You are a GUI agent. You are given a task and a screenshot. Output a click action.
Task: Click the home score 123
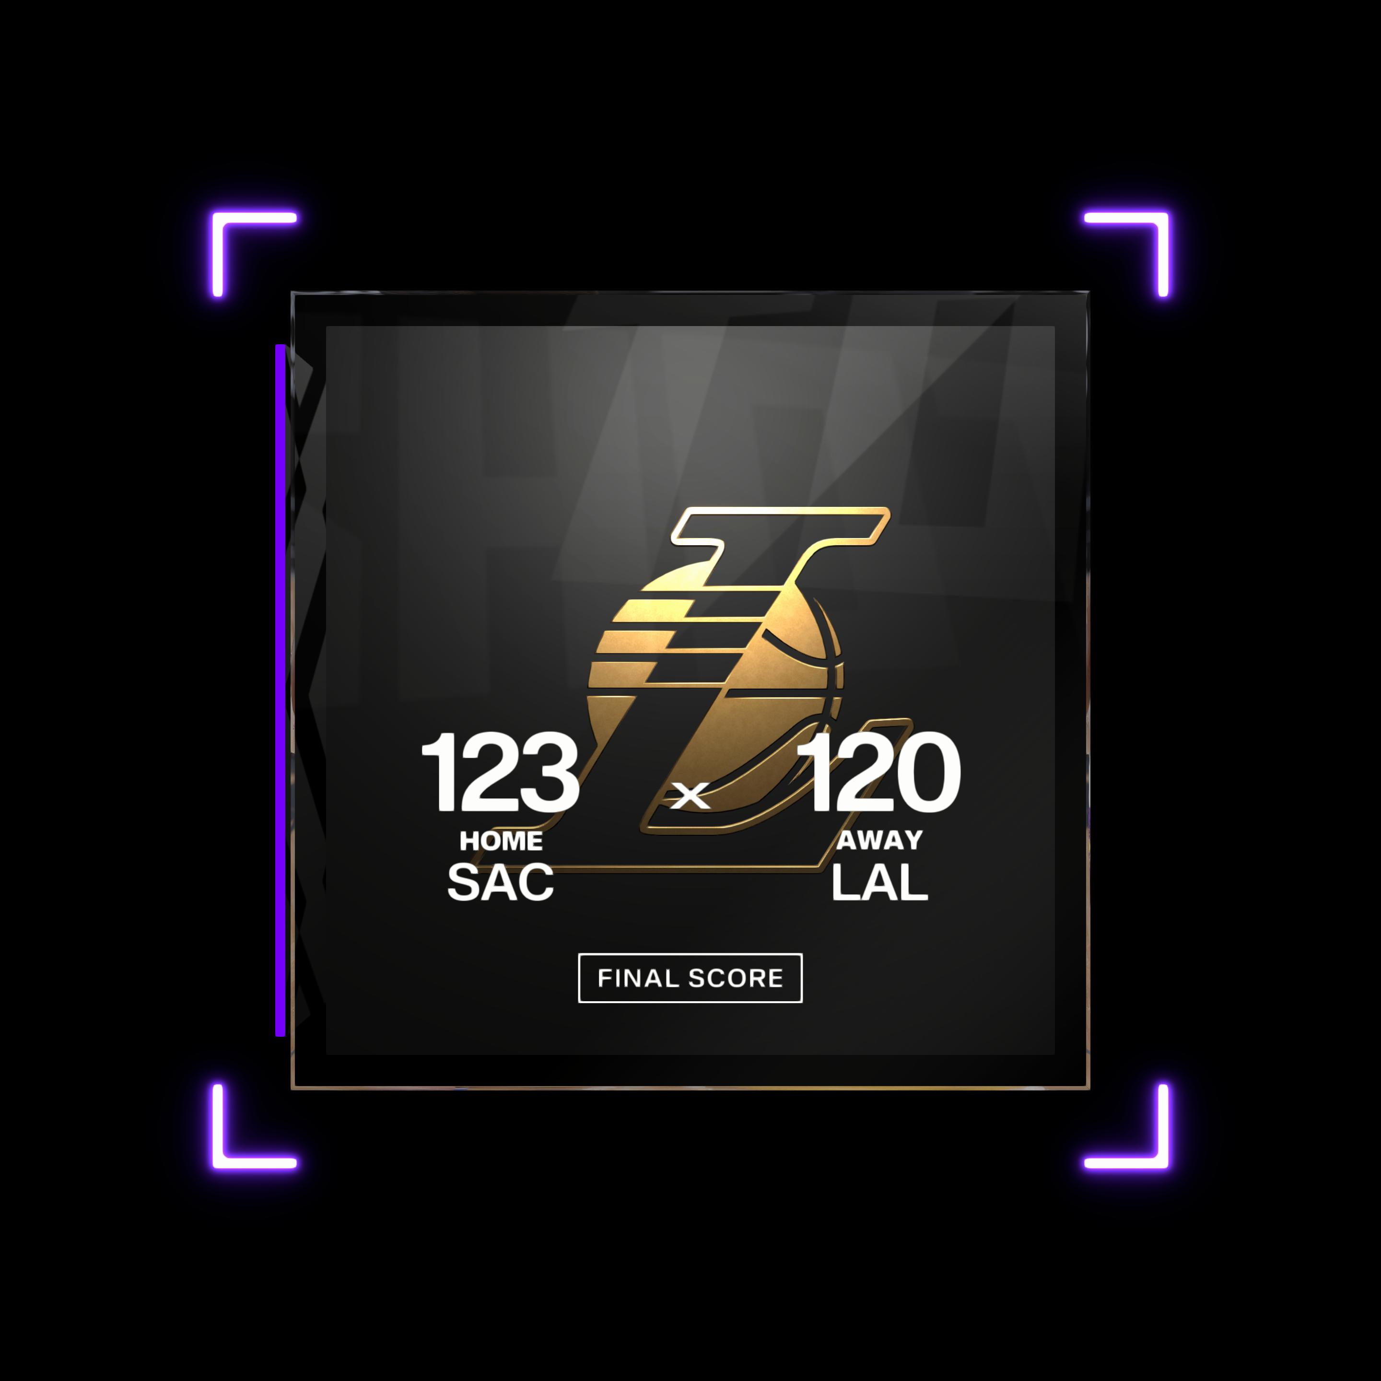click(500, 772)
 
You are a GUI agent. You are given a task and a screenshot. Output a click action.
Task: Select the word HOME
click(501, 841)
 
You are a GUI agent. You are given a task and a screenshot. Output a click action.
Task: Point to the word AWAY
click(880, 840)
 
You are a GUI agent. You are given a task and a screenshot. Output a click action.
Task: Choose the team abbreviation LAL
click(880, 882)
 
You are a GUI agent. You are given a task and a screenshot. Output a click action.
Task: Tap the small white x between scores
click(690, 796)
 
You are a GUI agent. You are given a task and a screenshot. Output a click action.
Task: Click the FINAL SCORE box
click(690, 978)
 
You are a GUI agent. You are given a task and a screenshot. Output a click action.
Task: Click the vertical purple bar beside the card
click(280, 690)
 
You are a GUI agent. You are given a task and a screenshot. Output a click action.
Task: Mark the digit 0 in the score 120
click(925, 772)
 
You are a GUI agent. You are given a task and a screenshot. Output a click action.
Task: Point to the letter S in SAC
click(465, 882)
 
